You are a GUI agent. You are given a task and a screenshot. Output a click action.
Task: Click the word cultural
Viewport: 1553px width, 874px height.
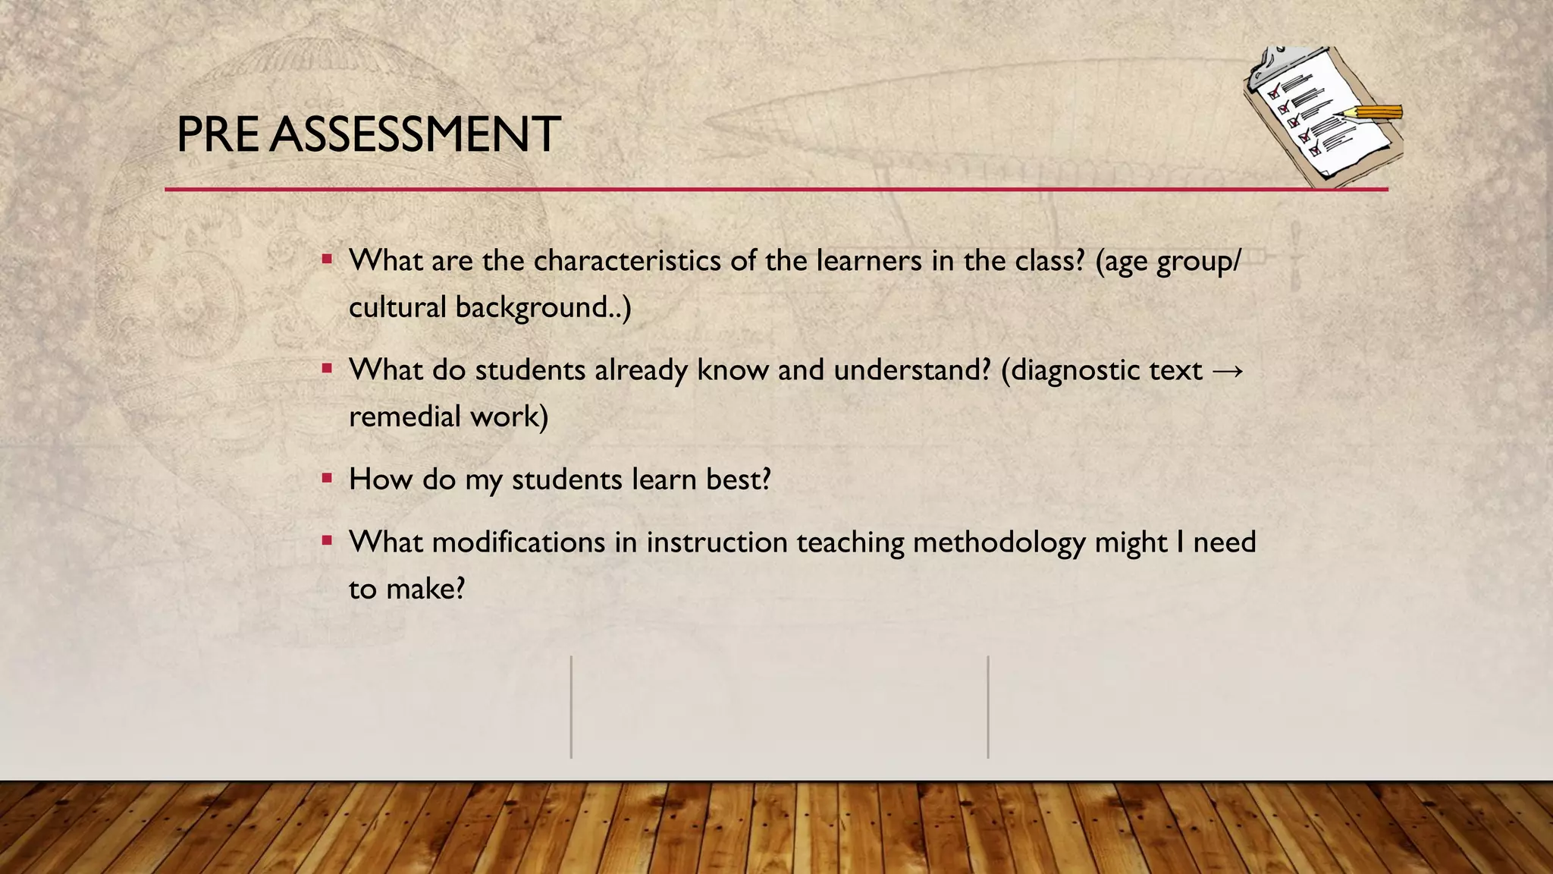tap(397, 307)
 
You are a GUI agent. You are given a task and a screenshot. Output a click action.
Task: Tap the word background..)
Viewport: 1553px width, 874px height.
tap(543, 307)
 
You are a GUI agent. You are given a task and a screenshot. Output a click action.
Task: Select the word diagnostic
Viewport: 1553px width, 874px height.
tap(1076, 370)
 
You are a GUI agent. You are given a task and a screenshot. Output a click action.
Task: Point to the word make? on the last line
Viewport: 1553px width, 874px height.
tap(425, 589)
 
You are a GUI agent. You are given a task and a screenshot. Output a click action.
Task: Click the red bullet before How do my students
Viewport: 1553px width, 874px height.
tap(327, 479)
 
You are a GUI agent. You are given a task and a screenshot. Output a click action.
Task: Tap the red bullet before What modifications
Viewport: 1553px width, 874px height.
tap(327, 542)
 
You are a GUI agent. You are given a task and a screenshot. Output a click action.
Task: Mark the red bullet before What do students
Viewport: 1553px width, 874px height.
tap(327, 369)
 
